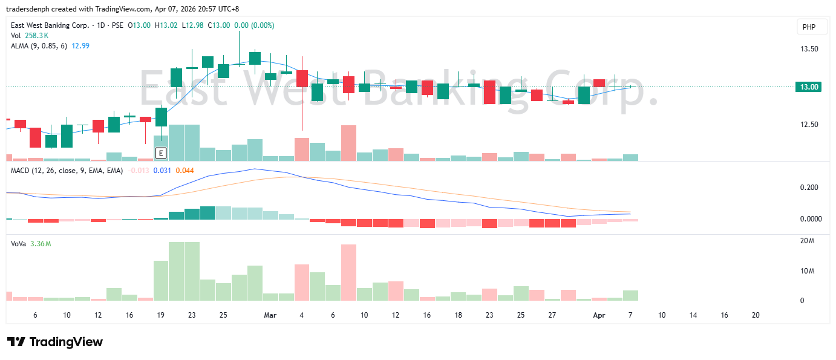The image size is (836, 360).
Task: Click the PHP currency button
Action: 809,27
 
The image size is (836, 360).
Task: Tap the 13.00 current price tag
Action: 809,87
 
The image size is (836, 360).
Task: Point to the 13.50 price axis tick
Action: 809,49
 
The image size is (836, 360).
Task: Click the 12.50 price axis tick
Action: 809,125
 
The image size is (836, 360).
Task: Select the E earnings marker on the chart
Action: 161,152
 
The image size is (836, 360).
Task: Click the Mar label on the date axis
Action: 270,315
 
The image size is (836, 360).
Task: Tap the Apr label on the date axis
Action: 599,315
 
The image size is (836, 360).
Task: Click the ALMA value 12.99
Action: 81,45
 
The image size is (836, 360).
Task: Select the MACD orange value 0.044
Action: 185,171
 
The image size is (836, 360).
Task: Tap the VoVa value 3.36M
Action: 41,244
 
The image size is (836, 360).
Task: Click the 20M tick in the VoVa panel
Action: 807,241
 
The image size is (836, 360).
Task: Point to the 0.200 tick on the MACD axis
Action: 809,188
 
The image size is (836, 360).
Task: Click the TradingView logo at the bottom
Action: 55,342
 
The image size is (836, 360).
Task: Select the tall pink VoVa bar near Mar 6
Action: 348,272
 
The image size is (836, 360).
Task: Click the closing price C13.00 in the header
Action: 218,25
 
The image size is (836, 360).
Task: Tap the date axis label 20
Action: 755,315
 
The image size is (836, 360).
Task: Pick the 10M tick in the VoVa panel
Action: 807,271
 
